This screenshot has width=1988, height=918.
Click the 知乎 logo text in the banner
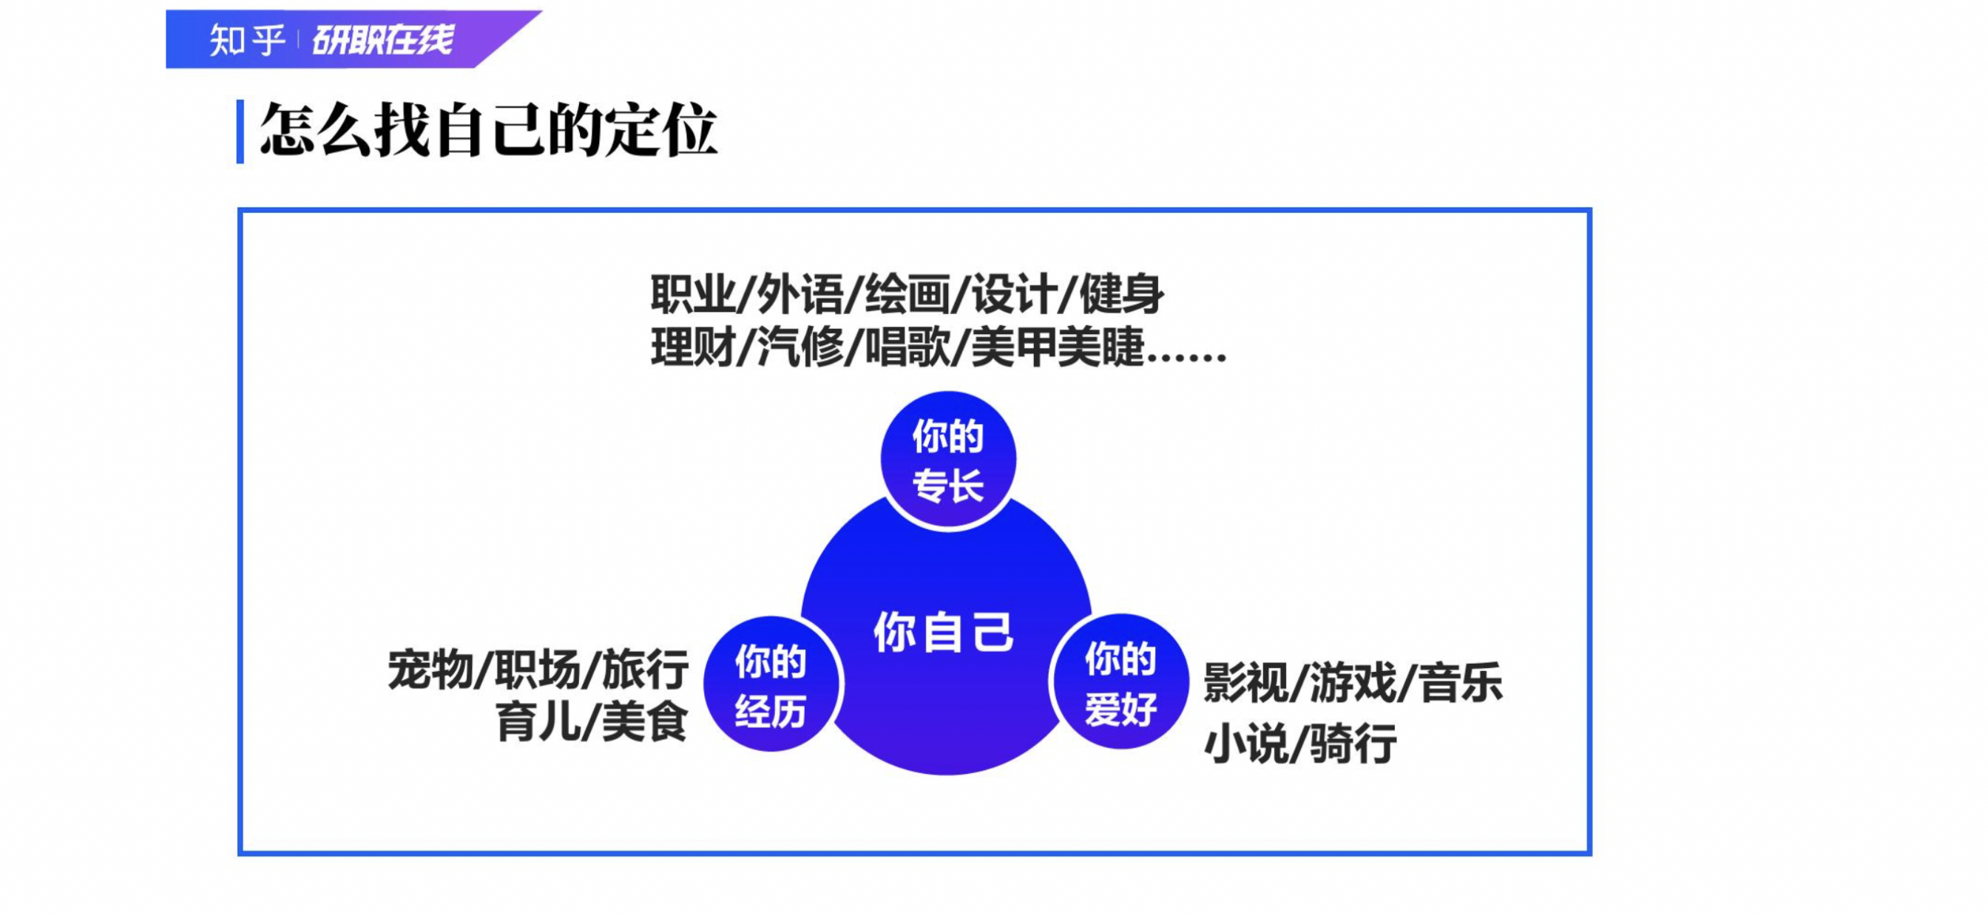point(247,40)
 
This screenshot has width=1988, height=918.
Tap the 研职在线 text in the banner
point(383,40)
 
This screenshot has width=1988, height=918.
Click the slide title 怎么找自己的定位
point(489,130)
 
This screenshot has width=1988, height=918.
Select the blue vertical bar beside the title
point(240,131)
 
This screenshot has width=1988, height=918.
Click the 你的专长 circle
point(948,460)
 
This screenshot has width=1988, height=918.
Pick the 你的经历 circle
point(771,684)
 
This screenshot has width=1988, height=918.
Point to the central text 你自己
point(943,633)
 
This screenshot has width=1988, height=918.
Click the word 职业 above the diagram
point(693,294)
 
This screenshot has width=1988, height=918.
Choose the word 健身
point(1121,294)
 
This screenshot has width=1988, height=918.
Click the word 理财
point(693,347)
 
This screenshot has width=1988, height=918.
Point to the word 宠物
point(430,669)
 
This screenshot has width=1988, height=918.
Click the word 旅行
point(645,669)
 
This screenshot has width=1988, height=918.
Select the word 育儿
point(538,722)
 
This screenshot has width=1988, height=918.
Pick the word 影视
point(1246,683)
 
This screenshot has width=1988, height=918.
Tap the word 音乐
point(1461,683)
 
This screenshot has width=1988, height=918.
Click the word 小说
point(1246,744)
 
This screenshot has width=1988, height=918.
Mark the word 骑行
point(1353,744)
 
